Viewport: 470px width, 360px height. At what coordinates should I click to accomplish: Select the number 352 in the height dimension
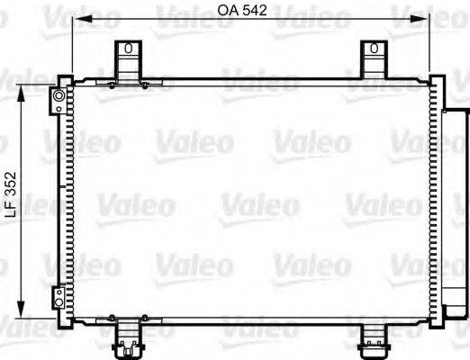(x=11, y=186)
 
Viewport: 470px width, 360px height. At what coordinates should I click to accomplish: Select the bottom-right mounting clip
(x=372, y=337)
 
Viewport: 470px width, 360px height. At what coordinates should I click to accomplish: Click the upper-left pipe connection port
(x=59, y=95)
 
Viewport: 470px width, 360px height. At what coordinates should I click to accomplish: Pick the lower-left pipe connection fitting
(x=58, y=296)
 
